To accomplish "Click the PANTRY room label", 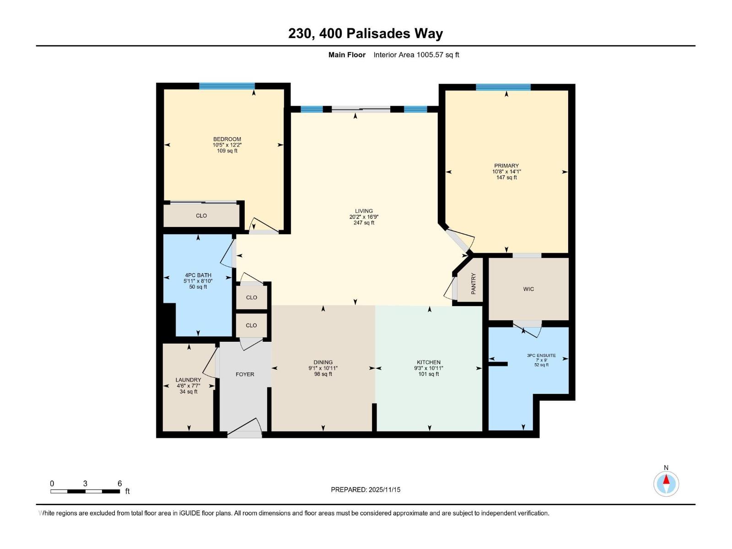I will (x=474, y=284).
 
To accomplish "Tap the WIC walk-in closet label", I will (x=528, y=289).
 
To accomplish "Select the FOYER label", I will (x=245, y=374).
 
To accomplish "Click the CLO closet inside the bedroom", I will (x=201, y=215).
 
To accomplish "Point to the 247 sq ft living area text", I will (x=364, y=223).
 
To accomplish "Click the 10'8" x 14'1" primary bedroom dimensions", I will (x=506, y=172).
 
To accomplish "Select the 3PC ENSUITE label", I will (x=541, y=355).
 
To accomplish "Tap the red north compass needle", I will (x=666, y=480).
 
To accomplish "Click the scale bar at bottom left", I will (x=85, y=491).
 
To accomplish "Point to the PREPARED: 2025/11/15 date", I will (x=366, y=490).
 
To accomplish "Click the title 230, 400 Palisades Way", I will (x=366, y=34).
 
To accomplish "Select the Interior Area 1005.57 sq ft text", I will (x=416, y=55).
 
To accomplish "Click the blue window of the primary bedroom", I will (x=503, y=87).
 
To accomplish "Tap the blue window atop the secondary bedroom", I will (x=227, y=86).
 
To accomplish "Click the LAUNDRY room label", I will (x=188, y=380).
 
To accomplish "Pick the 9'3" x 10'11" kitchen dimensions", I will (x=429, y=368).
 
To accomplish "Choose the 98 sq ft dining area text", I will (x=323, y=374).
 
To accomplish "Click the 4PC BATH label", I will (x=198, y=275).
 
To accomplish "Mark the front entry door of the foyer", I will (x=245, y=430).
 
